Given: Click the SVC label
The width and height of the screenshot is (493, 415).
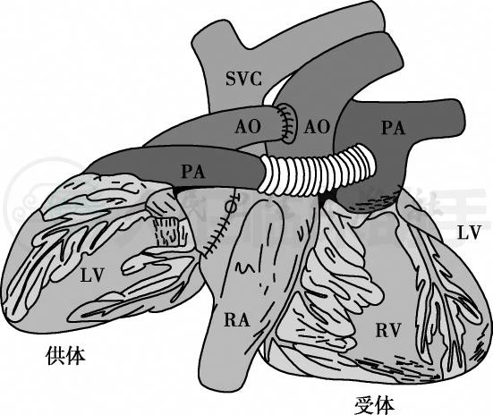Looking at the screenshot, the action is click(x=243, y=79).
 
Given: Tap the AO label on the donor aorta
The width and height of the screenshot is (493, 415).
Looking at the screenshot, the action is click(x=248, y=127).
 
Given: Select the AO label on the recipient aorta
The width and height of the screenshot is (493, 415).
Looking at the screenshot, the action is click(x=317, y=127).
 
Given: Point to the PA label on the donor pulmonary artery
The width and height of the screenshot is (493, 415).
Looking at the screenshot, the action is click(x=193, y=172).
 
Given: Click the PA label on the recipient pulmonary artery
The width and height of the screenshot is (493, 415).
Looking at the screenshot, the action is click(x=393, y=127).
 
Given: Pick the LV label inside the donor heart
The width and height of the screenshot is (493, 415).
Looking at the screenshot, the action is click(x=91, y=275).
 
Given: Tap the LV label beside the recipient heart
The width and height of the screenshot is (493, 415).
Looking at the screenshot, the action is click(x=469, y=233).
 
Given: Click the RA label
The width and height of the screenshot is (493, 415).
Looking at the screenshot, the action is click(x=237, y=320).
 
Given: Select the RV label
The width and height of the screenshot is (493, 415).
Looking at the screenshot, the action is click(x=388, y=330).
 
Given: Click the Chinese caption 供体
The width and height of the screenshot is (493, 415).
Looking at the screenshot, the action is click(x=65, y=356).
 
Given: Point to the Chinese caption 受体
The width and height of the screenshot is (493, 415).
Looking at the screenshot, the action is click(x=375, y=405).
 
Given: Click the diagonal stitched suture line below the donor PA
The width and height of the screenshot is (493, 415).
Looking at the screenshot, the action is click(x=217, y=235).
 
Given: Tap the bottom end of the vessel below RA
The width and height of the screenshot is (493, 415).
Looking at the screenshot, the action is click(x=224, y=387).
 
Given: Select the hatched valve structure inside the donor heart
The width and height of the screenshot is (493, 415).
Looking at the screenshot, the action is click(x=167, y=232).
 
